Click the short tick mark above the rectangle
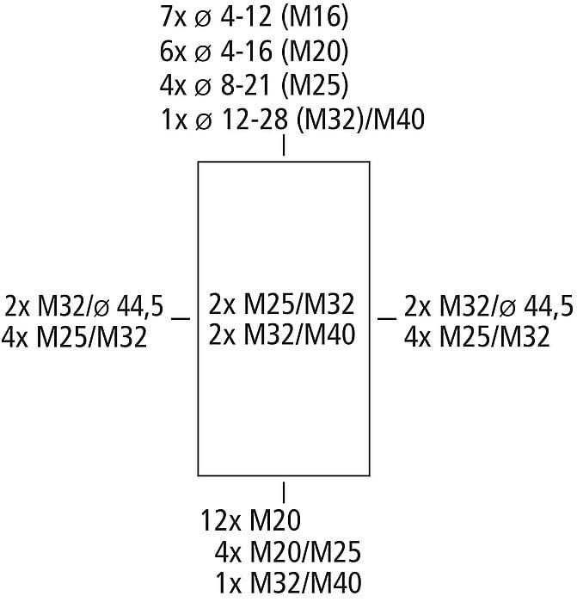pos(284,147)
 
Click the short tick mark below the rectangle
pos(284,491)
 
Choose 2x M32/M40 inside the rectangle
pos(282,335)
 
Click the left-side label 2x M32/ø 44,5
pos(84,305)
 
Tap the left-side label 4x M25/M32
pos(75,336)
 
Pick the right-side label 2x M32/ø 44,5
pos(488,305)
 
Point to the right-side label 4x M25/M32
pos(476,336)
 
